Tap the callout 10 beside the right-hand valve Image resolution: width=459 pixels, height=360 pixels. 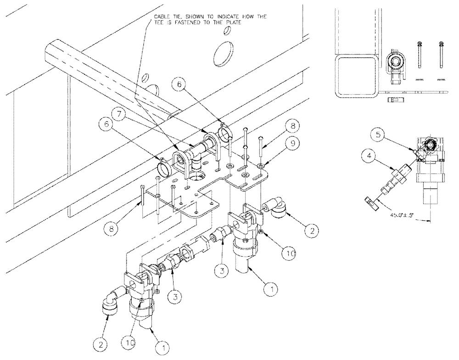289,252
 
